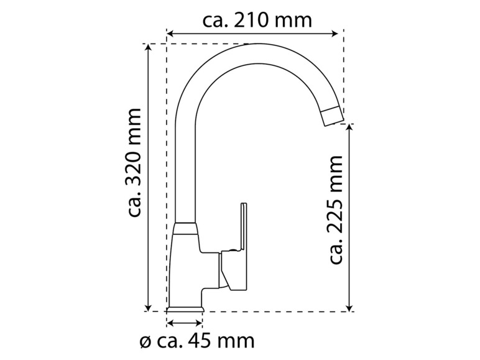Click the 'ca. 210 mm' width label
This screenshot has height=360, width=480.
tap(257, 20)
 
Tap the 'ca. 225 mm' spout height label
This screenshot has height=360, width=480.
tap(336, 210)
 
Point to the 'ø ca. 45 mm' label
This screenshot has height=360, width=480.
tap(197, 341)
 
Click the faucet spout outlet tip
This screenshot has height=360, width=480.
tap(332, 116)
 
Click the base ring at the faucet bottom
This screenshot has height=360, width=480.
tap(185, 308)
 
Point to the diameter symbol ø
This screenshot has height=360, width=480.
tap(144, 341)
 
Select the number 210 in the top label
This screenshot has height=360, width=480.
tap(255, 20)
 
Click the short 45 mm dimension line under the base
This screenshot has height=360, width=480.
tap(185, 323)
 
